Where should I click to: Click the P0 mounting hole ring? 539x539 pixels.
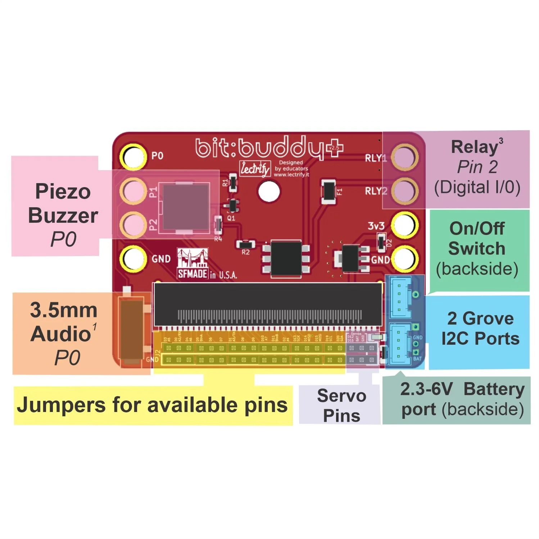tap(133, 157)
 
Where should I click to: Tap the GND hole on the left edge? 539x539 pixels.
tap(133, 258)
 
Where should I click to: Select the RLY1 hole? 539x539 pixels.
tap(404, 157)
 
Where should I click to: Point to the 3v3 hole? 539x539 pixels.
tap(404, 225)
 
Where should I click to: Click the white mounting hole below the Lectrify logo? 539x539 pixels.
tap(269, 191)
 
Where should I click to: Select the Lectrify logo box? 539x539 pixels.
tap(255, 168)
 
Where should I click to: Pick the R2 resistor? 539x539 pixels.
tap(245, 244)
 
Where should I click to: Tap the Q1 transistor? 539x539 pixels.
tap(233, 206)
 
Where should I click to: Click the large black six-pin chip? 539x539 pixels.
tap(286, 259)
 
